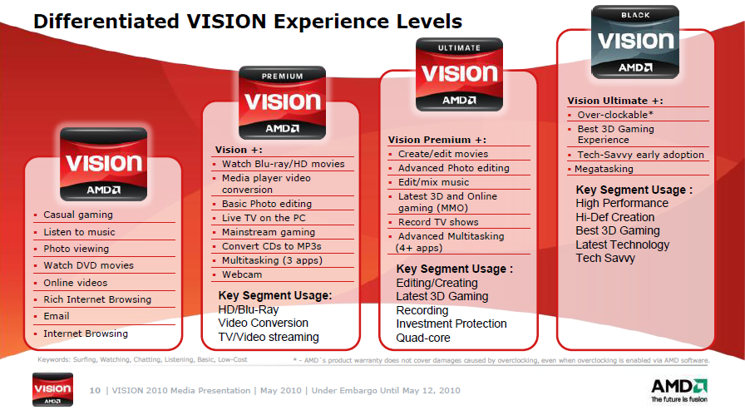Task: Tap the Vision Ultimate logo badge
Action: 459,74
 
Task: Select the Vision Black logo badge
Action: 635,41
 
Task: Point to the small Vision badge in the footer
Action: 57,391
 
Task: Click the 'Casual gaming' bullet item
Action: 78,215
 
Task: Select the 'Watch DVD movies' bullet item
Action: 88,265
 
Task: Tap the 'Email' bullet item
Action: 57,316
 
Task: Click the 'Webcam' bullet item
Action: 241,274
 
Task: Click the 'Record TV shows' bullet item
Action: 438,222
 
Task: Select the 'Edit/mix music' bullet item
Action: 433,182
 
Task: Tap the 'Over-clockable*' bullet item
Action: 615,115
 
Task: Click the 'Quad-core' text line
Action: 423,338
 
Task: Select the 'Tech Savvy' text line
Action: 605,258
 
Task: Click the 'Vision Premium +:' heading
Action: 437,140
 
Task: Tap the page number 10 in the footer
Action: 94,391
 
